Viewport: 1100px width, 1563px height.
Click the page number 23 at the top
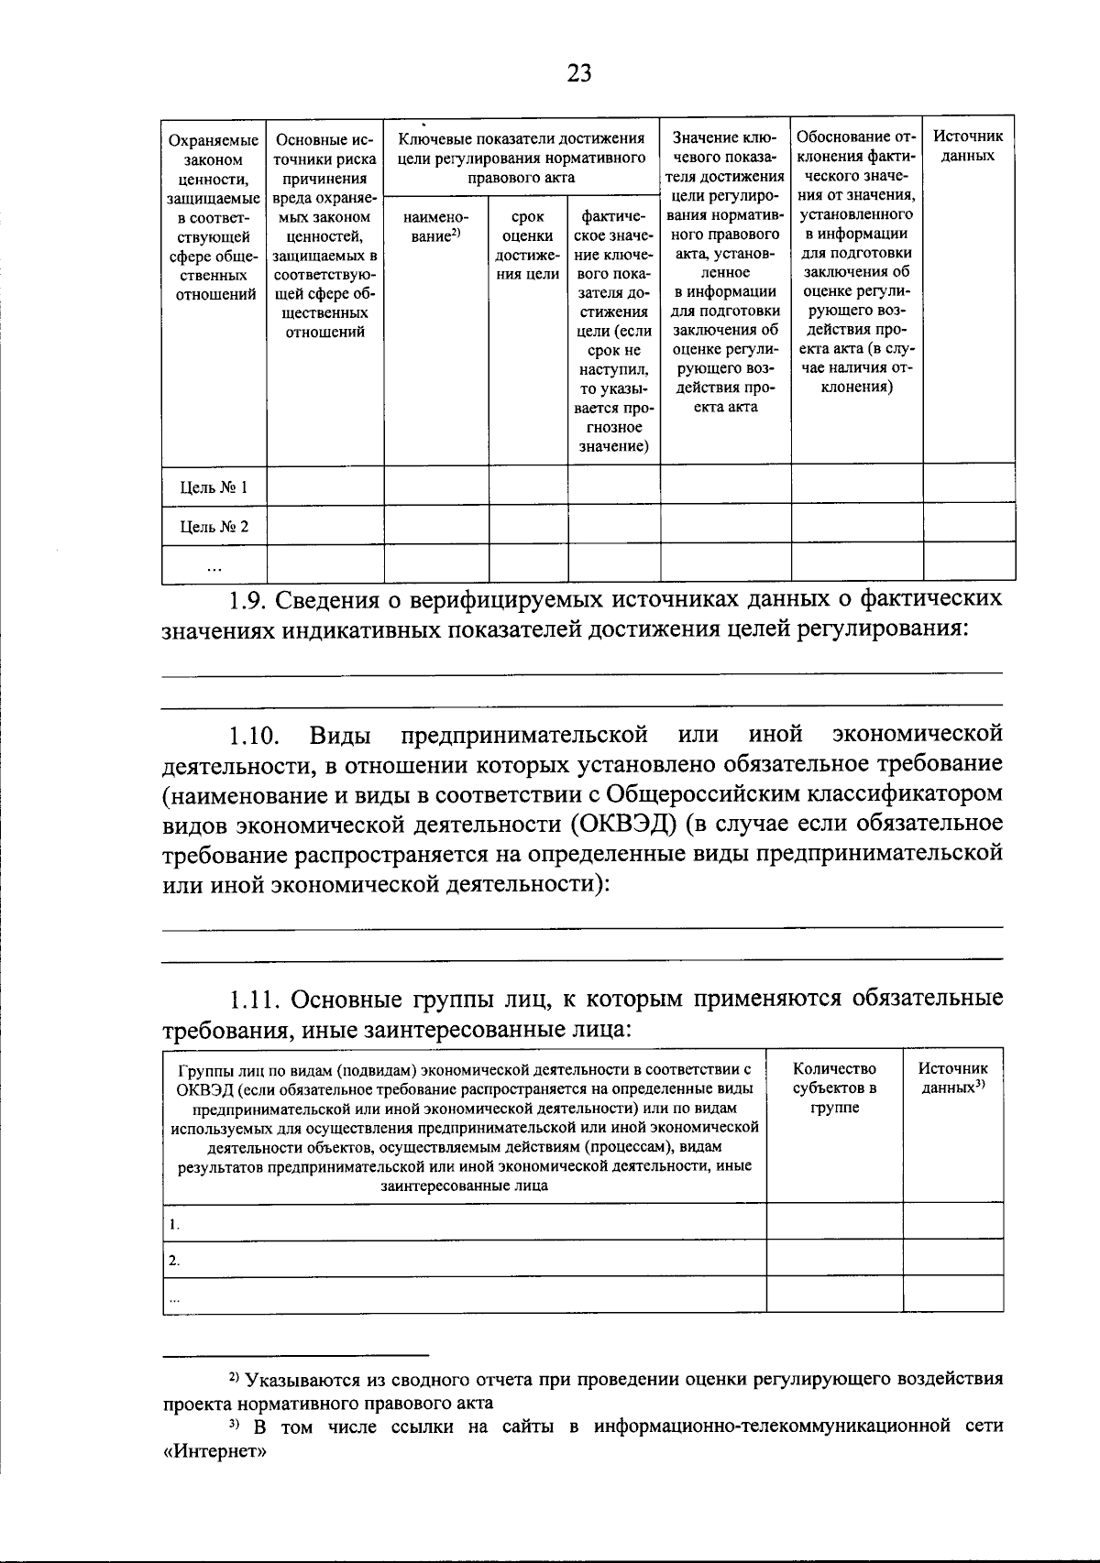tap(578, 73)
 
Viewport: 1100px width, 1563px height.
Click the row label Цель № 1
tap(214, 486)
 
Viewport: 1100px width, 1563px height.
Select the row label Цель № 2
tap(214, 527)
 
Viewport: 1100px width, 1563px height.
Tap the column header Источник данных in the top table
tap(968, 146)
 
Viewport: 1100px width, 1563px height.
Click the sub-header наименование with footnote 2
tap(435, 226)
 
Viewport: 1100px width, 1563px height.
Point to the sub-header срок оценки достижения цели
tap(528, 246)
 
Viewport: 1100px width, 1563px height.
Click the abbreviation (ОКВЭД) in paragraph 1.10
tap(623, 823)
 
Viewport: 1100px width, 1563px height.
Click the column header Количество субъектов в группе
tap(834, 1088)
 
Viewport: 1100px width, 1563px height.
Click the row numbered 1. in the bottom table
tap(174, 1224)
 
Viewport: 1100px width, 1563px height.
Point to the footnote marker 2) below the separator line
tap(233, 1378)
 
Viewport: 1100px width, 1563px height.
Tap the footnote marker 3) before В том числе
tap(233, 1426)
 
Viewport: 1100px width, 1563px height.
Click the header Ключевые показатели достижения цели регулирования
tap(521, 158)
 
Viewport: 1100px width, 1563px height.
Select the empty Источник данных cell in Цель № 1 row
tap(968, 484)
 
